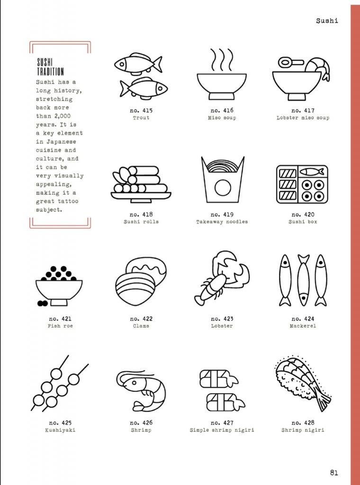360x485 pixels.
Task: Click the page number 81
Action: (334, 473)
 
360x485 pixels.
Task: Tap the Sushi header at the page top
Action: (327, 21)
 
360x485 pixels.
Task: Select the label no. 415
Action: (141, 110)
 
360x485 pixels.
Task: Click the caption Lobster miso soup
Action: (303, 118)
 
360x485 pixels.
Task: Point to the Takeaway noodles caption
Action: (222, 222)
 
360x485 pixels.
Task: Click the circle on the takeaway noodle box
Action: (223, 188)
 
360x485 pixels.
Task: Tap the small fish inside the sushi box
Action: (312, 171)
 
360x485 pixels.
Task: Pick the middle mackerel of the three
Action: (304, 280)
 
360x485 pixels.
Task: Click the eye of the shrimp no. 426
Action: (134, 383)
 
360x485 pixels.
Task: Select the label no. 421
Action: (60, 319)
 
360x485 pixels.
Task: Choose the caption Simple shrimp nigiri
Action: (222, 430)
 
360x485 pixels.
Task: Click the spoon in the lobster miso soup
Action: (291, 62)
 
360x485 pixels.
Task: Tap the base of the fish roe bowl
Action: (59, 303)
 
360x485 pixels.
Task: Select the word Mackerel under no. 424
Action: (303, 326)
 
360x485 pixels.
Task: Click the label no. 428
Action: (303, 422)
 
